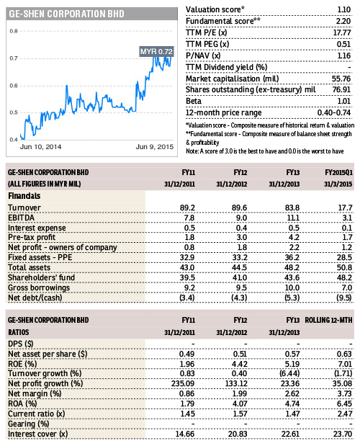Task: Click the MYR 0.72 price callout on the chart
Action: (x=156, y=51)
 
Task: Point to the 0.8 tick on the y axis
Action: (x=14, y=31)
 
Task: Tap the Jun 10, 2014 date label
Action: (x=40, y=147)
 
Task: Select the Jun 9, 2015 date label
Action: (x=154, y=147)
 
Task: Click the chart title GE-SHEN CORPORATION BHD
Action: (x=66, y=14)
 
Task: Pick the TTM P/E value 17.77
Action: (x=342, y=32)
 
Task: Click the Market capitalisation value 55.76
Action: (x=341, y=79)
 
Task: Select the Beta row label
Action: (x=194, y=102)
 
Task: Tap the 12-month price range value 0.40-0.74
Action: (x=334, y=112)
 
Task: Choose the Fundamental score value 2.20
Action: (x=343, y=21)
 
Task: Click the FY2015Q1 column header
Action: (x=338, y=172)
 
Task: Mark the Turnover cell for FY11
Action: (x=187, y=208)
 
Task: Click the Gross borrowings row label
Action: (x=39, y=288)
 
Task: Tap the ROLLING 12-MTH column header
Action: (x=328, y=320)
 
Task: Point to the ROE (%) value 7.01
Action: (x=344, y=364)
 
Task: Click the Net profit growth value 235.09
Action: (x=183, y=384)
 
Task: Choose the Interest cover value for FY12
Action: (x=238, y=434)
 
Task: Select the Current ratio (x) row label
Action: (x=37, y=414)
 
